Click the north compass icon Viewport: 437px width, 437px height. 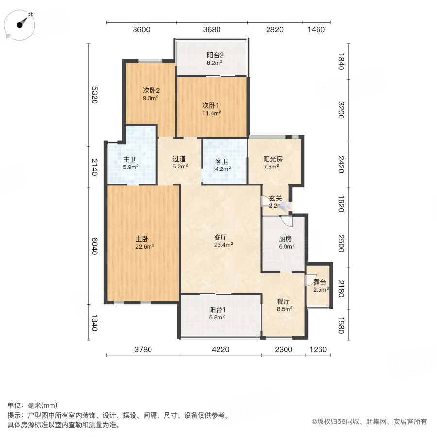pyautogui.click(x=20, y=25)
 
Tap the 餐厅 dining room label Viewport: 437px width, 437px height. pyautogui.click(x=284, y=305)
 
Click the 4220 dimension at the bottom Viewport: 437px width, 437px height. pyautogui.click(x=220, y=349)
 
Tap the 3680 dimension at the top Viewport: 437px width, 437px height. pyautogui.click(x=212, y=29)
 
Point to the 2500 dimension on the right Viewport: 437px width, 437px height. pyautogui.click(x=341, y=243)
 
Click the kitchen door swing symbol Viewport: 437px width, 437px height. pyautogui.click(x=287, y=221)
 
